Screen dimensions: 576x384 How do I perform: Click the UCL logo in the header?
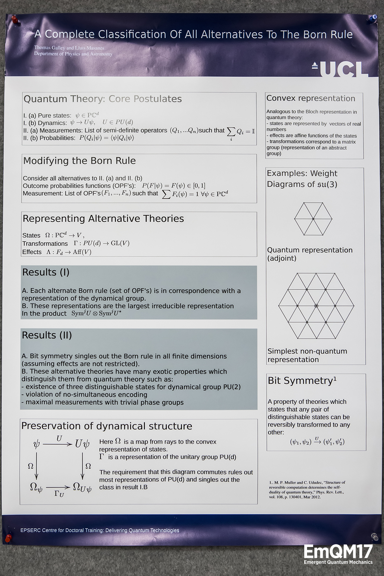pos(340,69)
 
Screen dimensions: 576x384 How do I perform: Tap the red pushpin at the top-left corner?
pos(14,20)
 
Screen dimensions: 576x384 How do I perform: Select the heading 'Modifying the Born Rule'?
pos(79,161)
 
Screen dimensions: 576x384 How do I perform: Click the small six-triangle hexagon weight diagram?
pos(313,219)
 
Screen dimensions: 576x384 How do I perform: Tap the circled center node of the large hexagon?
pos(316,306)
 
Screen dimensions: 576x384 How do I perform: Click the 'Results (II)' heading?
pos(47,335)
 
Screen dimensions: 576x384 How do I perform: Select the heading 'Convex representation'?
pos(310,98)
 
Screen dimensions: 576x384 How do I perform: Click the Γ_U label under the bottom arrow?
pos(59,493)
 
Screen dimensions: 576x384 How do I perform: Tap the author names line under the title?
pos(69,48)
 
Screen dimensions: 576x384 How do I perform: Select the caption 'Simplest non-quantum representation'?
pos(307,355)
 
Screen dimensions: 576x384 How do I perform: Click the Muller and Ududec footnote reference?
pos(307,490)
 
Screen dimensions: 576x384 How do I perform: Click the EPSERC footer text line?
pos(100,530)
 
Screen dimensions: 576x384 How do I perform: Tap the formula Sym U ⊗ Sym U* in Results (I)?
pos(96,313)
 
